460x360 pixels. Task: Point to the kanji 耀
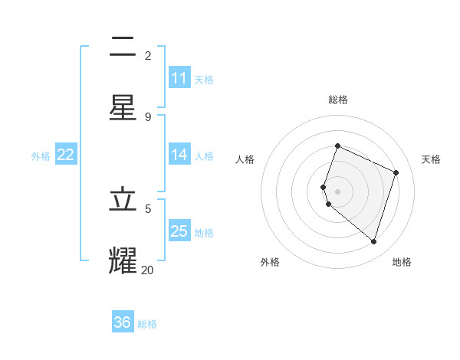(x=123, y=260)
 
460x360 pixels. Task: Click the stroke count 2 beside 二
(x=148, y=55)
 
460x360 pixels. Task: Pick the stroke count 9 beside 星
(x=148, y=117)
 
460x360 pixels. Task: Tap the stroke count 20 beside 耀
(x=147, y=270)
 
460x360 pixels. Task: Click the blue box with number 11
(x=179, y=78)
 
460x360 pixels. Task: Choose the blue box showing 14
(x=179, y=155)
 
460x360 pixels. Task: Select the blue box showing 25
(x=179, y=231)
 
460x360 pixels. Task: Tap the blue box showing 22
(x=66, y=155)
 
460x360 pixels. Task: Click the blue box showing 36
(x=123, y=322)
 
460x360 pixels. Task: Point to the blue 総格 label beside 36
(x=148, y=324)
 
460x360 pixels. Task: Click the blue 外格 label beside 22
(x=41, y=156)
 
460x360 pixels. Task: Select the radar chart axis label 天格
(x=432, y=159)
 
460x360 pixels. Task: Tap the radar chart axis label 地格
(x=402, y=262)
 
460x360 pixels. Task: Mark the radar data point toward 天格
(x=396, y=172)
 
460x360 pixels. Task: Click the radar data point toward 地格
(x=373, y=241)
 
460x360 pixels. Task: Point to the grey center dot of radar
(x=337, y=191)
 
